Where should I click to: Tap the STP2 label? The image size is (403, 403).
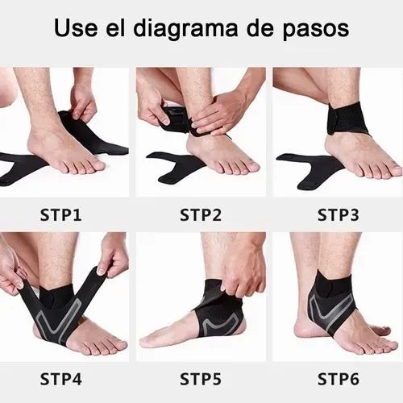point(201,215)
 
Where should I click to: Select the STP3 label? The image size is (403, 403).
point(338,215)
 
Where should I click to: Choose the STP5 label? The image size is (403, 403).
point(201,376)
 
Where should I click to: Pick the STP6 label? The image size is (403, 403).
point(338,376)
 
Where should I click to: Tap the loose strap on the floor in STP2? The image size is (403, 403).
point(173,165)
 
